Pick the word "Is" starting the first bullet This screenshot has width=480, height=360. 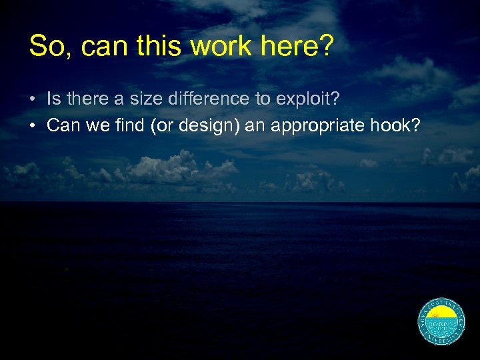pos(53,99)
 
